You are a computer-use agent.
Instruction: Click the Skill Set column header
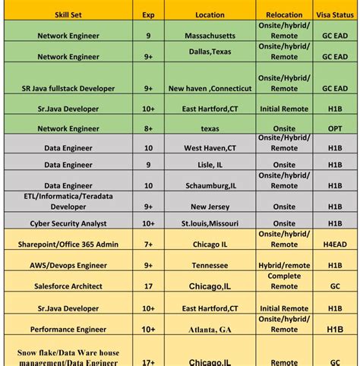(68, 14)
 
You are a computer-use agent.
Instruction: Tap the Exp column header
(148, 14)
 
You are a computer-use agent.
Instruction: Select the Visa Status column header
(335, 14)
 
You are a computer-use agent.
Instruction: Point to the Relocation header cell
(284, 14)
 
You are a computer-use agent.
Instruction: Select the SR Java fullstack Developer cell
(68, 88)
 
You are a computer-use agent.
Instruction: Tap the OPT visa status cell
(335, 129)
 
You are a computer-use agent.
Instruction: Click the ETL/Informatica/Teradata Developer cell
(68, 200)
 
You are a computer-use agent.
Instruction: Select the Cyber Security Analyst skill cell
(68, 223)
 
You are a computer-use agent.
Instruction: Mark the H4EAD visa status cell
(335, 245)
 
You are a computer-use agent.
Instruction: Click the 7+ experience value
(148, 245)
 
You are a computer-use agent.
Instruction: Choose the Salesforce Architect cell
(68, 286)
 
